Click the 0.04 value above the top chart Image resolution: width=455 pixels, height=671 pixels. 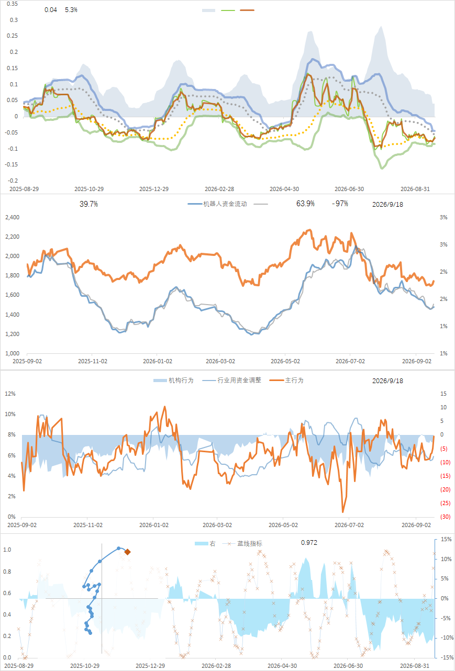click(x=51, y=10)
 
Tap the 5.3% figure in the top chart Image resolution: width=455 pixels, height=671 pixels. click(x=71, y=10)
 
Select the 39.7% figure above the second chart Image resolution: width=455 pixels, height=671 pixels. click(x=88, y=204)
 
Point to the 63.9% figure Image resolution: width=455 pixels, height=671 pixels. click(x=305, y=204)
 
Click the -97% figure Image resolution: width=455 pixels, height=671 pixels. click(x=340, y=204)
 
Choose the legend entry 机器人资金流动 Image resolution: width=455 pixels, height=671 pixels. click(x=217, y=204)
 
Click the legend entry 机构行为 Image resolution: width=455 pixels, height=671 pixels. click(x=173, y=381)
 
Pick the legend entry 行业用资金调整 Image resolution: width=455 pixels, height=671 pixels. click(x=232, y=381)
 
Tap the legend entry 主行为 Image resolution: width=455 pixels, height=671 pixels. click(x=286, y=381)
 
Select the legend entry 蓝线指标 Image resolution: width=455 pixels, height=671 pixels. click(x=242, y=543)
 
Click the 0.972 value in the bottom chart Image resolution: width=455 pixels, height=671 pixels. click(x=309, y=542)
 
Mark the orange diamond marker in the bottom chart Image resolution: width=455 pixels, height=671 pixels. click(x=127, y=552)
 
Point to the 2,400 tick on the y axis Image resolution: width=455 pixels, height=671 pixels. click(x=12, y=217)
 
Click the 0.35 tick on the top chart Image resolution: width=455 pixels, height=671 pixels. click(x=12, y=4)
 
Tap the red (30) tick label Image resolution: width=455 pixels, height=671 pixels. click(x=446, y=517)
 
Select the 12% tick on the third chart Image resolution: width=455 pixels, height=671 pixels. click(x=10, y=394)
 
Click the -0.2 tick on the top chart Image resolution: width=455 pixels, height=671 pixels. click(x=12, y=181)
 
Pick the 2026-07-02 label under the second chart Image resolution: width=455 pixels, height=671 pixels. click(x=350, y=361)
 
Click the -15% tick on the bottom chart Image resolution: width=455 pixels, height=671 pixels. click(x=447, y=657)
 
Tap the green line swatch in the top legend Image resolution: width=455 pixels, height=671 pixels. click(x=228, y=10)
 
